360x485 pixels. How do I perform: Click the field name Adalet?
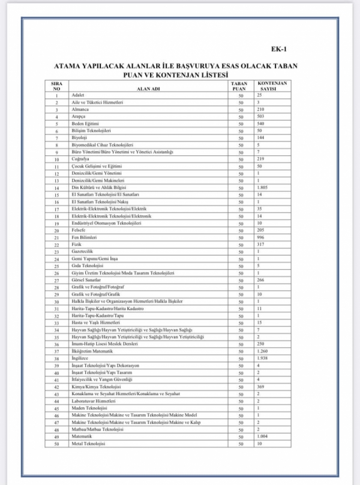77,95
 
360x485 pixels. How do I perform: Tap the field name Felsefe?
79,230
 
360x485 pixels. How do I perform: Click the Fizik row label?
76,245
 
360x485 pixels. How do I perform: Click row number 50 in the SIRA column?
56,444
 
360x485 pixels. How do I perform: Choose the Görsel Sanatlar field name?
85,280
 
